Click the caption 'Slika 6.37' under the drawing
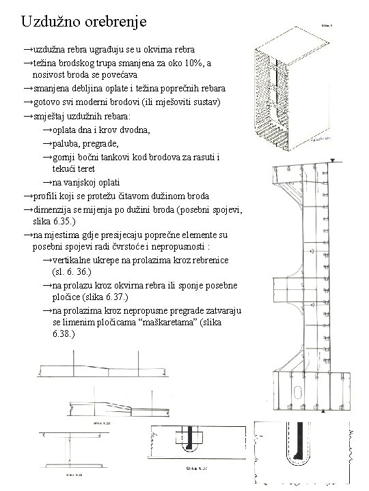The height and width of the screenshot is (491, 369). (x=199, y=469)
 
